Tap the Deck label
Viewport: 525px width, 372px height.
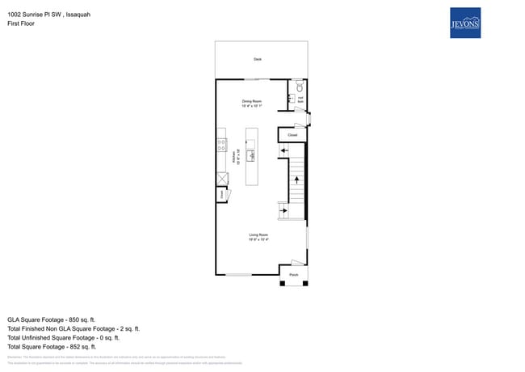[258, 60]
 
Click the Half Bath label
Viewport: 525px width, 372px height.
[300, 99]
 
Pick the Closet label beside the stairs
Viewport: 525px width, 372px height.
[292, 135]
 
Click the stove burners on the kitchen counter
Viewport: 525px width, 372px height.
[220, 146]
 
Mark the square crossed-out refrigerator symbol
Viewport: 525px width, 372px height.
[221, 180]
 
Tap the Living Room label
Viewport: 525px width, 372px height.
[258, 237]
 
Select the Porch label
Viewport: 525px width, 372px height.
[294, 275]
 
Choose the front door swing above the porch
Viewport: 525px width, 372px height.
[298, 263]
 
